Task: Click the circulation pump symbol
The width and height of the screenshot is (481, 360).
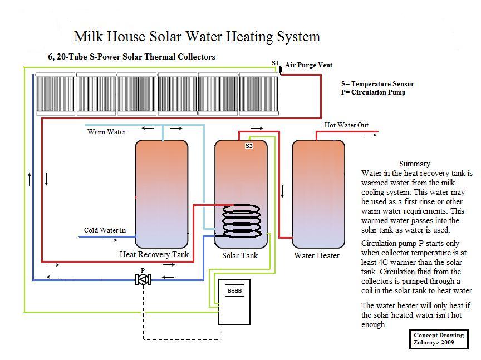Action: point(143,279)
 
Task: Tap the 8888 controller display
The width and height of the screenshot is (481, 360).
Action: point(234,290)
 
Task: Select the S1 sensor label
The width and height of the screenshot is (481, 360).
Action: point(275,63)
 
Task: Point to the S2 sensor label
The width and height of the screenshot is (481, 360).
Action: point(249,146)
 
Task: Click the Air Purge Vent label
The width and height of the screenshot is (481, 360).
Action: point(308,65)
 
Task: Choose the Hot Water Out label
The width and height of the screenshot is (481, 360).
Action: point(346,125)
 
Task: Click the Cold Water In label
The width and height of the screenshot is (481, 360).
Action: point(105,230)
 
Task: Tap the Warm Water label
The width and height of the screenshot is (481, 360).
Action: point(106,132)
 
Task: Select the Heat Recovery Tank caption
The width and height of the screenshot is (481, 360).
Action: point(154,254)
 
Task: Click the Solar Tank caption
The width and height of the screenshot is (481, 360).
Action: point(240,255)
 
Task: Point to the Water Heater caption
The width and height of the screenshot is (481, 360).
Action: point(317,255)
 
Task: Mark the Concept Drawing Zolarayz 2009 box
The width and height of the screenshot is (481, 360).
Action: point(438,339)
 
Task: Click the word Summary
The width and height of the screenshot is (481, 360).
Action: point(414,164)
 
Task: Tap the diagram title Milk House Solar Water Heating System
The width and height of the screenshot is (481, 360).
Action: point(197,37)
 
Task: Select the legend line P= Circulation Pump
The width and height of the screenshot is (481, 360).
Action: point(373,92)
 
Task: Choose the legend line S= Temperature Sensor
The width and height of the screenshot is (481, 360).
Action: point(377,84)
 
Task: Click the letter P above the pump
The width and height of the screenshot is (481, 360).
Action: point(143,270)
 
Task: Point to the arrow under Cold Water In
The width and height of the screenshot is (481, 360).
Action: point(110,240)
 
